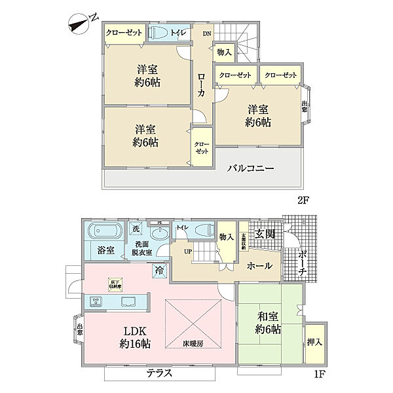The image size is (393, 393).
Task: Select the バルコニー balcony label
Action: pyautogui.click(x=250, y=168)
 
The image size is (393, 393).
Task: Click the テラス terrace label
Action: pyautogui.click(x=159, y=373)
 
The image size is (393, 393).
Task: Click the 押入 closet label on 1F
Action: pyautogui.click(x=314, y=344)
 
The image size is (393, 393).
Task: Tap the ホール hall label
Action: pyautogui.click(x=261, y=267)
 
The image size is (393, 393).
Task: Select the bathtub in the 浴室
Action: pyautogui.click(x=105, y=231)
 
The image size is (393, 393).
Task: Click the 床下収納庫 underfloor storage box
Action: pyautogui.click(x=115, y=283)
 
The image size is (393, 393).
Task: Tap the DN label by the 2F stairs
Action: pyautogui.click(x=207, y=34)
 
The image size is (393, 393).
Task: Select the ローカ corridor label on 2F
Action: pyautogui.click(x=202, y=84)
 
